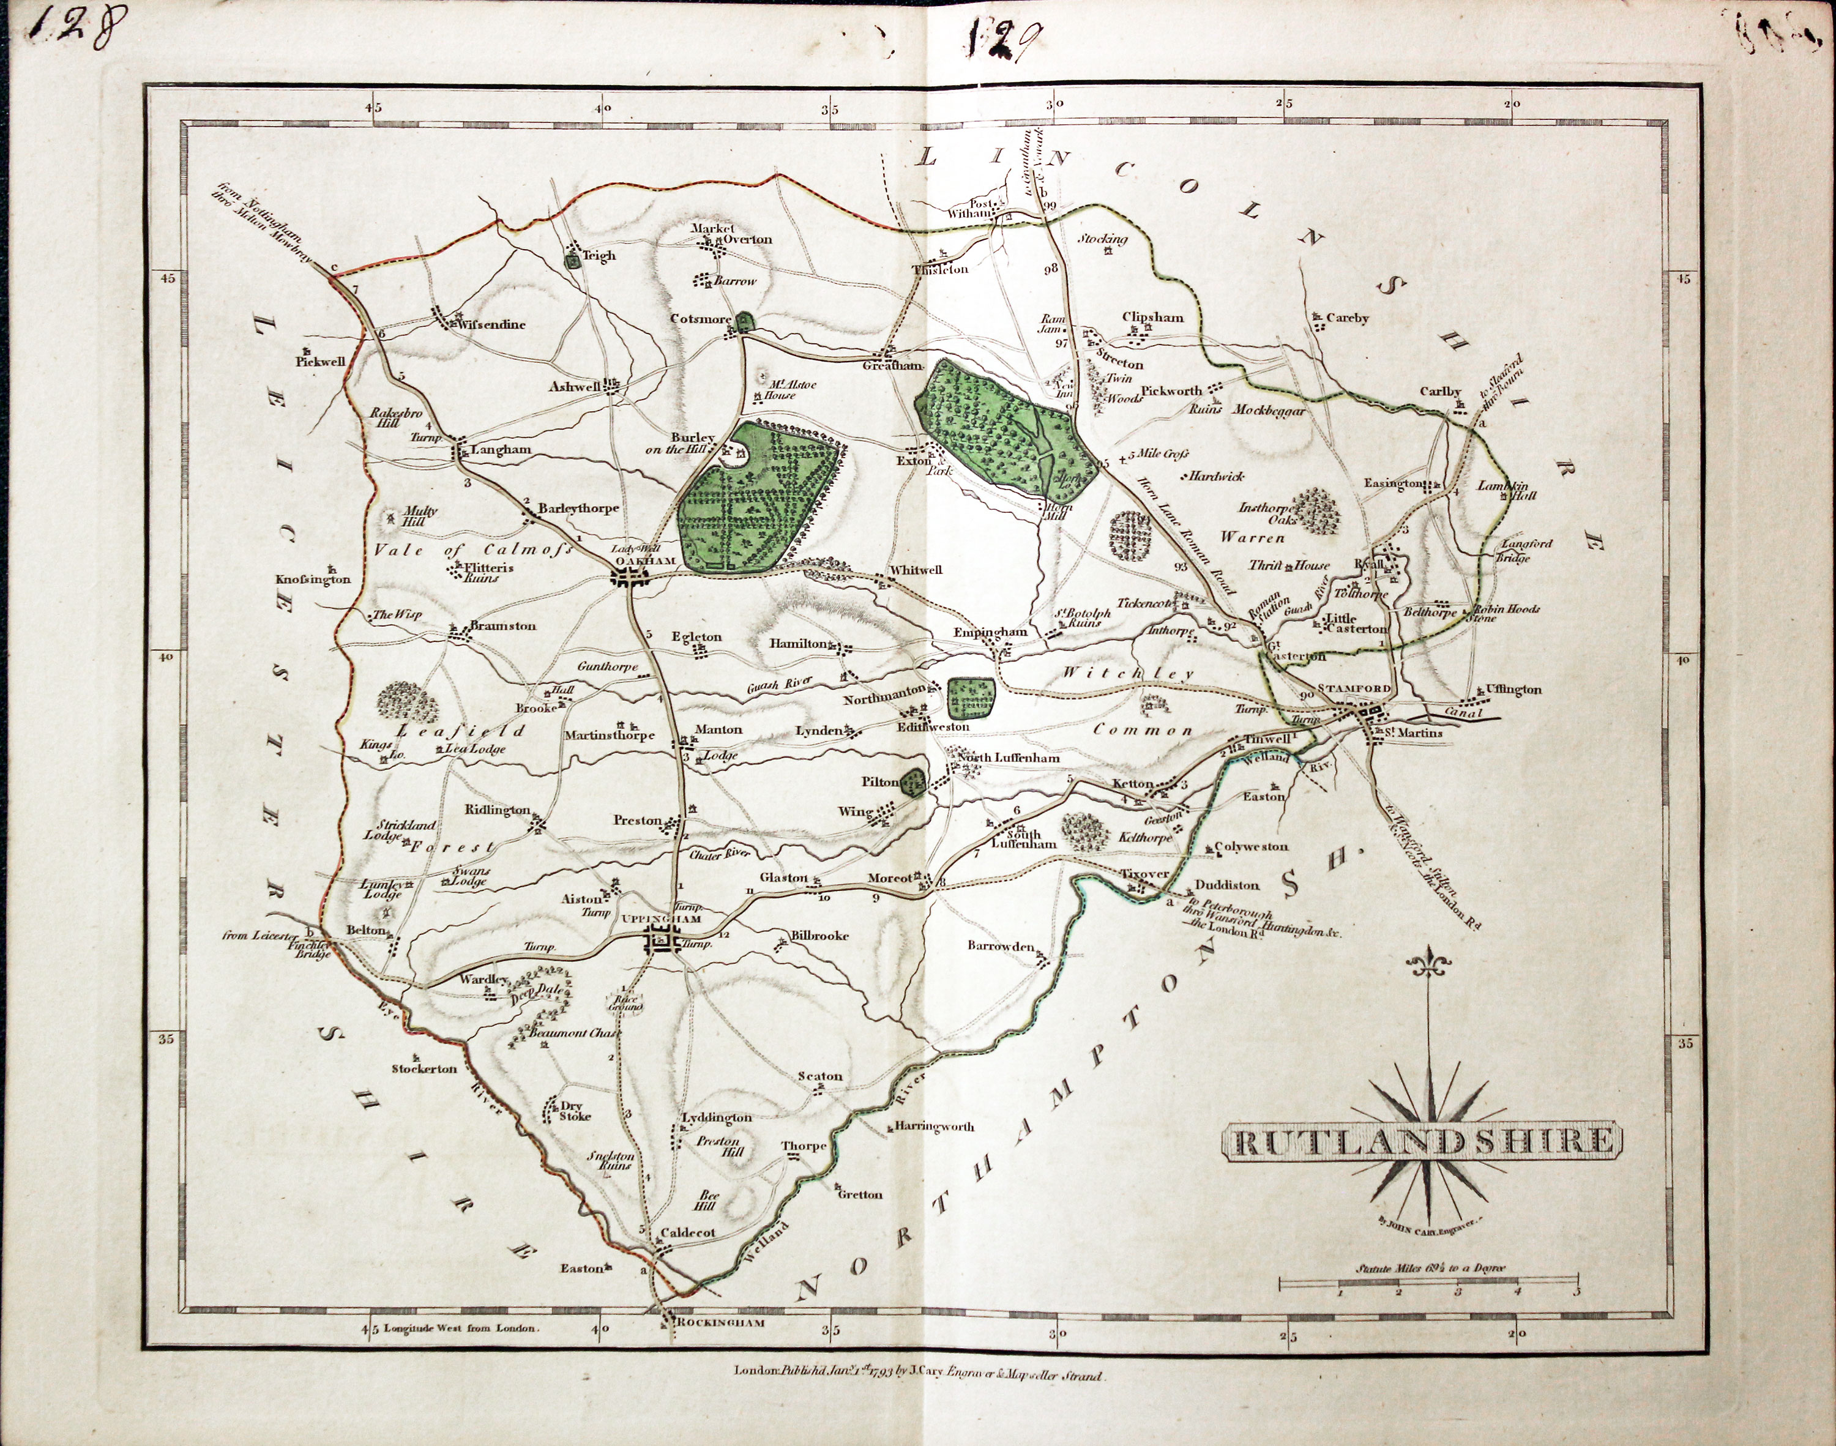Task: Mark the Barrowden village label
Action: tap(1001, 945)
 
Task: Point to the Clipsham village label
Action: tap(1153, 318)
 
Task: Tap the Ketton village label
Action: tap(1133, 783)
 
